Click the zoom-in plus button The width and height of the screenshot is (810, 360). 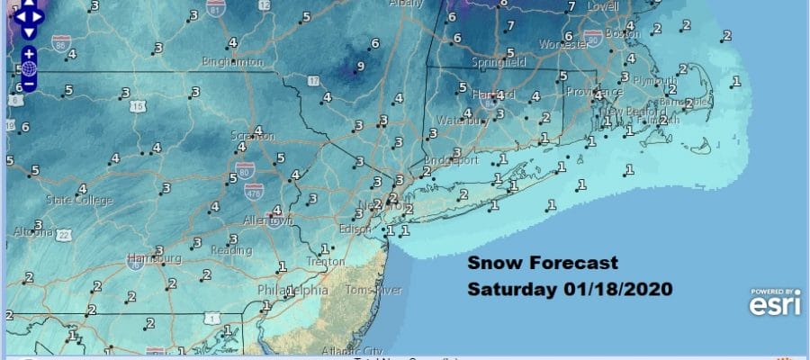(29, 52)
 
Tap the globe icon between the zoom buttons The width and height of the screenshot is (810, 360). (29, 67)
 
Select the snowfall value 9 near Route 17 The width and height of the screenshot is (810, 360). (360, 66)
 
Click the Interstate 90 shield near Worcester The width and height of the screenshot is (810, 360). (592, 39)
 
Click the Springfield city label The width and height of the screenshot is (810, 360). (499, 63)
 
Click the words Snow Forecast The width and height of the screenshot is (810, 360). (543, 264)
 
